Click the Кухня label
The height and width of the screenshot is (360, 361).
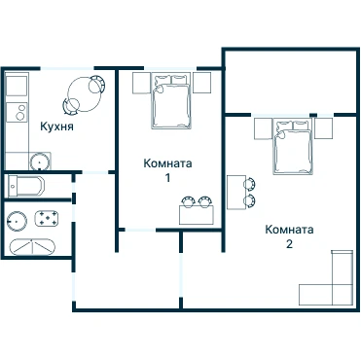pos(56,126)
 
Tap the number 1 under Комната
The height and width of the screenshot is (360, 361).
pos(167,178)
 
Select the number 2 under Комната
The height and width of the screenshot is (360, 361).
pos(289,244)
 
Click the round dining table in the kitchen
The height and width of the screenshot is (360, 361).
pos(85,94)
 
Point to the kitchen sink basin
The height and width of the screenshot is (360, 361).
pos(40,162)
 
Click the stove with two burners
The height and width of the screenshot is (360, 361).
pos(17,112)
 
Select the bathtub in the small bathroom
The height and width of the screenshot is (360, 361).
pos(26,186)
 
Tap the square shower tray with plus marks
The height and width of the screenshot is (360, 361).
pos(47,218)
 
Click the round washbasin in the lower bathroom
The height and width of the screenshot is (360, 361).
pos(17,221)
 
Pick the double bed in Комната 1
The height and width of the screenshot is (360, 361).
pos(170,101)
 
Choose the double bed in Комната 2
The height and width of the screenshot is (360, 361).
pos(294,147)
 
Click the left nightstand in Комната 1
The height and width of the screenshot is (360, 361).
pos(142,83)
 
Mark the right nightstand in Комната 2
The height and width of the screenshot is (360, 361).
pos(324,128)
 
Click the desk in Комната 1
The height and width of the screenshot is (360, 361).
pos(197,215)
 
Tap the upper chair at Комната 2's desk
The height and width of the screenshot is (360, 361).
pos(249,184)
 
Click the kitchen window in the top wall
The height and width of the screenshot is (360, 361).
pos(67,68)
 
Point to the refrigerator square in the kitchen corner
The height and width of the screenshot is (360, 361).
pos(17,87)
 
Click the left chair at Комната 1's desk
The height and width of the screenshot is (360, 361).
pos(188,202)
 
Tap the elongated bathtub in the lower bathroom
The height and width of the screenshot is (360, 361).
pos(32,247)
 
